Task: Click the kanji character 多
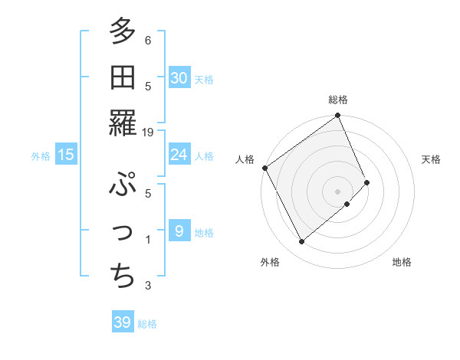122,32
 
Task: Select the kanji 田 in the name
122,77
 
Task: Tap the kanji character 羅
122,121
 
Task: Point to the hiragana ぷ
122,185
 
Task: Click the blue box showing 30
179,78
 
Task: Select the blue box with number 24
179,155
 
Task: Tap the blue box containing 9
179,231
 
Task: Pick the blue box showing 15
66,155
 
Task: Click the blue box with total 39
122,322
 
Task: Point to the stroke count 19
148,133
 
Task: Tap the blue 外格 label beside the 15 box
41,155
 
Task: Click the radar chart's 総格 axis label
338,100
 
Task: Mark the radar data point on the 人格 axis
264,168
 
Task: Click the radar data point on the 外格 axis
301,242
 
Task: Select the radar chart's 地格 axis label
402,262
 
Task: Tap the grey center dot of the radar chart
338,190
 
